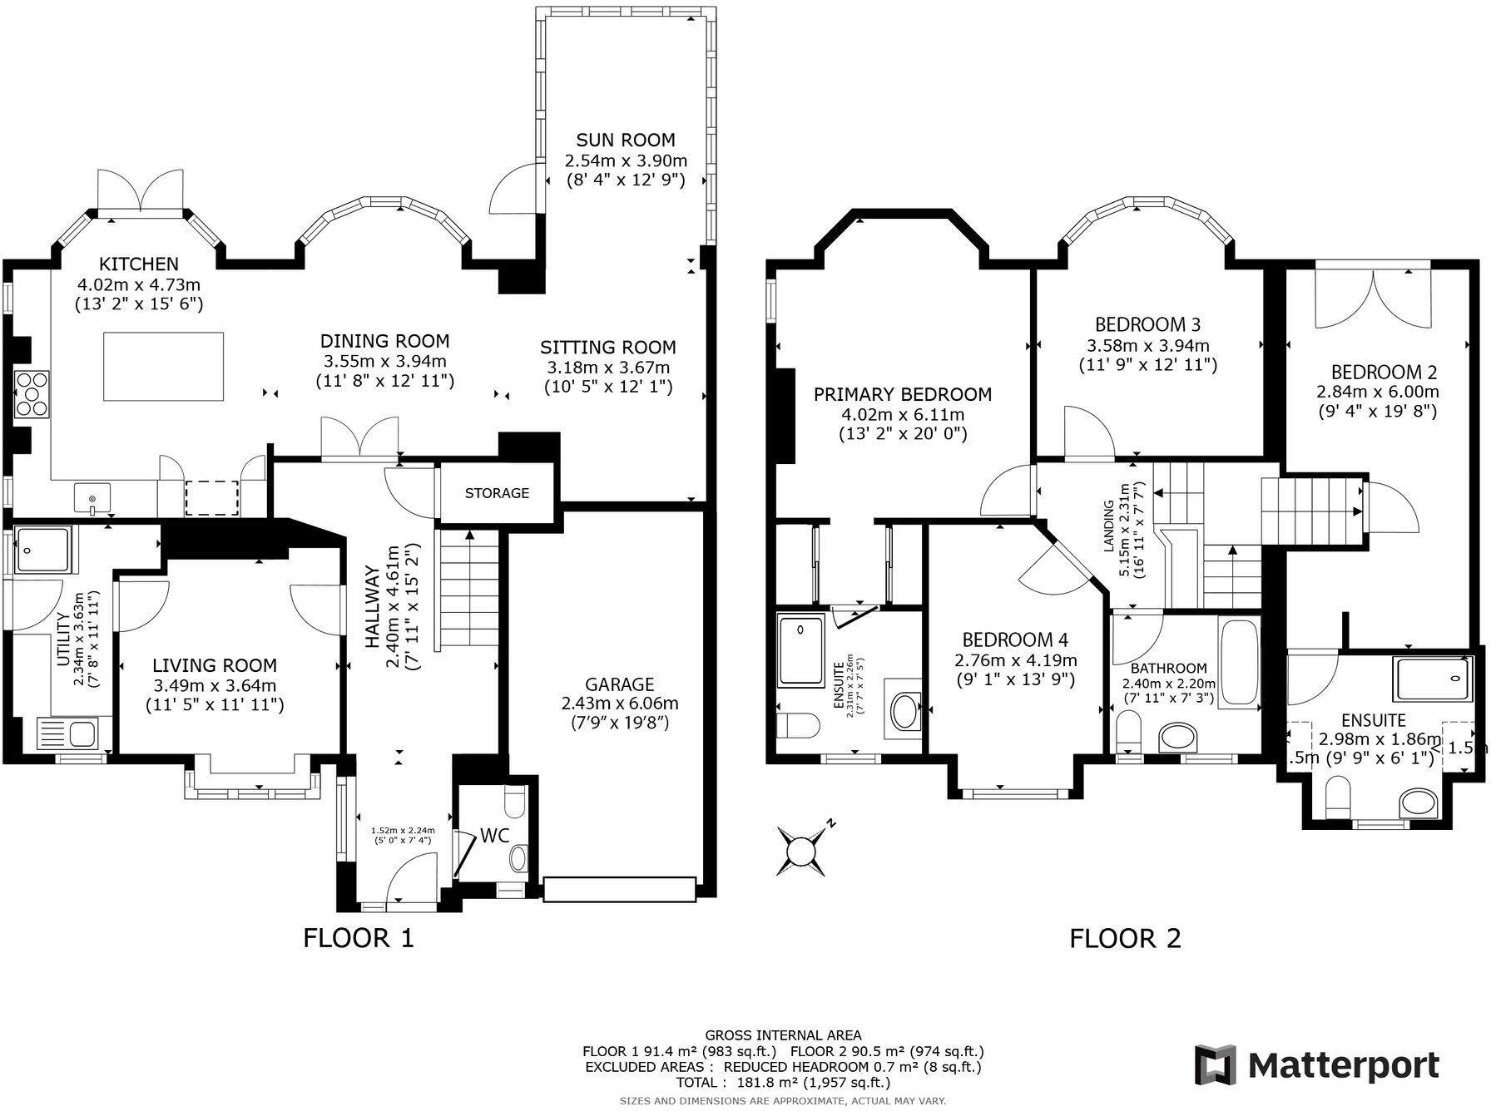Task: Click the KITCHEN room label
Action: [x=139, y=264]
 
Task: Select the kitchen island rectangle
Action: [x=164, y=366]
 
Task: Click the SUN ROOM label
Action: [x=626, y=140]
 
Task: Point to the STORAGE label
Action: [x=497, y=493]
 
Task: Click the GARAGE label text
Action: [x=619, y=684]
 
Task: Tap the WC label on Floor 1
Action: [x=494, y=836]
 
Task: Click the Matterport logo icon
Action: [x=1216, y=1065]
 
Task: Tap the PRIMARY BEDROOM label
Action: [x=903, y=394]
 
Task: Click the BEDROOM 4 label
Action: [x=1015, y=639]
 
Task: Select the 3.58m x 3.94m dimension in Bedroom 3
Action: [x=1148, y=345]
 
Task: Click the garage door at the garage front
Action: [x=619, y=889]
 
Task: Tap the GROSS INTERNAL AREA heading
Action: [x=783, y=1035]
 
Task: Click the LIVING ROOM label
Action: [x=215, y=665]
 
